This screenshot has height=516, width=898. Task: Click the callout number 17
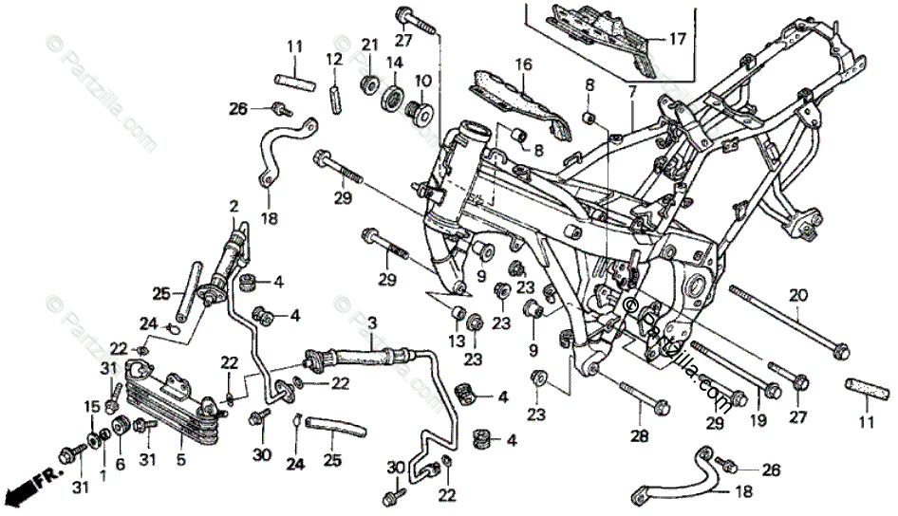(x=676, y=39)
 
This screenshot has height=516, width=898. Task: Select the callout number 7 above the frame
(x=631, y=91)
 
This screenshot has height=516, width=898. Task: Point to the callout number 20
(x=796, y=294)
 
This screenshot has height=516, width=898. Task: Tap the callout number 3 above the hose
(x=372, y=322)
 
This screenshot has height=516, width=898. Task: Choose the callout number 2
(x=234, y=206)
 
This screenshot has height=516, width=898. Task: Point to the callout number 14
(x=393, y=64)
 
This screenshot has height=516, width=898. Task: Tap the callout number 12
(x=333, y=59)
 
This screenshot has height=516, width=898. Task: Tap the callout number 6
(x=120, y=465)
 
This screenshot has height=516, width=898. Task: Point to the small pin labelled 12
(x=334, y=98)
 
